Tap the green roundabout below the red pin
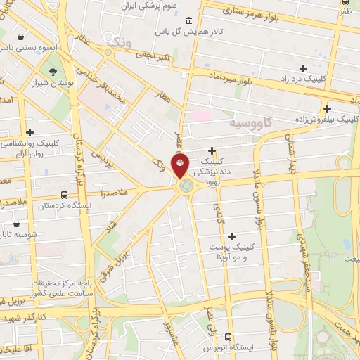point(186,186)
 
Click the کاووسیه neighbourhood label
point(250,123)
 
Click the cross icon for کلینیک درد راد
point(303,68)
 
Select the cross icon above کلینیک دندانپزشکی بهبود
point(212,150)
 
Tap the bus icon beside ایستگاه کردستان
point(65,195)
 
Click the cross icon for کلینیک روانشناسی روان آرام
point(30,131)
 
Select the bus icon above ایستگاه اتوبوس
point(228,337)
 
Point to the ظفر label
point(345,11)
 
